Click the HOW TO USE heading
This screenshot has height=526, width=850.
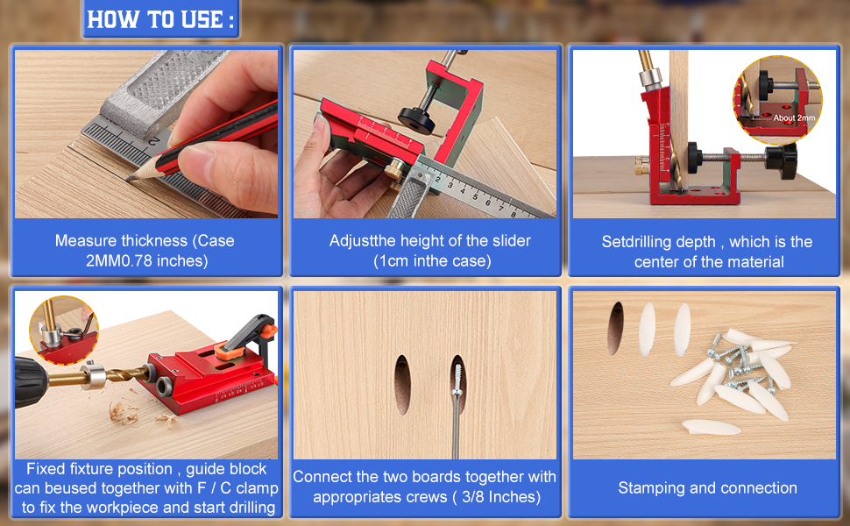click(x=160, y=19)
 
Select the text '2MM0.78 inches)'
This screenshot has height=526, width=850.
click(x=147, y=261)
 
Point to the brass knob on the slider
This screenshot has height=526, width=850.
click(x=395, y=168)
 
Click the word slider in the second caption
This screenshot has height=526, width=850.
click(x=511, y=241)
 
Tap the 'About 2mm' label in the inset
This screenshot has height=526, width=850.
click(x=794, y=117)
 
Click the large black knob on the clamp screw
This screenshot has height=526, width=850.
click(x=782, y=160)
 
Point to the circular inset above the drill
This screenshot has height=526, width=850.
click(x=63, y=330)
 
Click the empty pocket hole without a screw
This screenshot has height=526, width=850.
click(x=402, y=384)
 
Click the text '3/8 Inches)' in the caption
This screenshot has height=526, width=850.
click(x=501, y=497)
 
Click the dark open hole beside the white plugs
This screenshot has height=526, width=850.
click(x=615, y=328)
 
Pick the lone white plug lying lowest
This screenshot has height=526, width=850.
click(x=711, y=427)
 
